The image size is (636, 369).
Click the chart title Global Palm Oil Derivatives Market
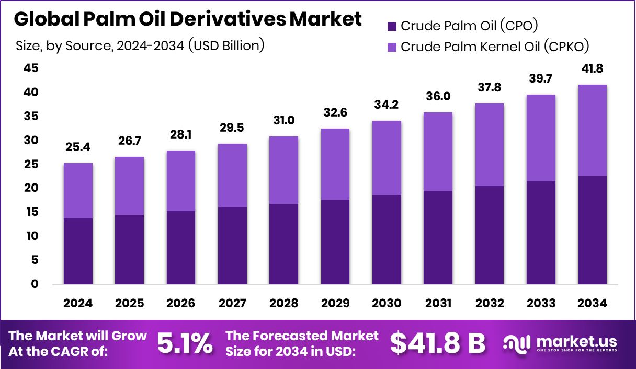click(187, 19)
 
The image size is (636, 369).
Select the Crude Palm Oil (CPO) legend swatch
click(392, 26)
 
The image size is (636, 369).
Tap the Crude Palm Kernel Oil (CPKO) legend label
click(495, 47)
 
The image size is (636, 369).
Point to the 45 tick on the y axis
click(31, 68)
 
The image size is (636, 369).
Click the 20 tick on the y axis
click(31, 188)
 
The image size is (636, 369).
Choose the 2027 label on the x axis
click(232, 304)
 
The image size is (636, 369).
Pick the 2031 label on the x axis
click(437, 304)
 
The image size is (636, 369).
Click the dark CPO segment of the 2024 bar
click(78, 251)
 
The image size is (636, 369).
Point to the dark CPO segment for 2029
click(335, 241)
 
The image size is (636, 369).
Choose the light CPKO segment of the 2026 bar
click(181, 181)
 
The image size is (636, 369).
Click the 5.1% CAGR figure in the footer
click(185, 344)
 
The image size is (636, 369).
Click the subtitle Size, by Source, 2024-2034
click(140, 46)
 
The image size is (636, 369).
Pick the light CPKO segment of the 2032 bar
click(489, 145)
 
